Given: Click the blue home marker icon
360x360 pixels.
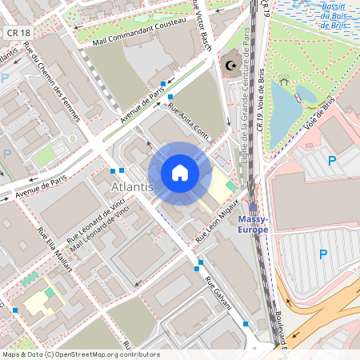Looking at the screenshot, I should coord(180,173).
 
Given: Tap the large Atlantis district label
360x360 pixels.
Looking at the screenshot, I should coord(131,186).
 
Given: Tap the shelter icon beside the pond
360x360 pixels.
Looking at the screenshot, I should coord(284,81).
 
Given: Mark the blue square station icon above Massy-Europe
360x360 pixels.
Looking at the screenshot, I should coord(253,206).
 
